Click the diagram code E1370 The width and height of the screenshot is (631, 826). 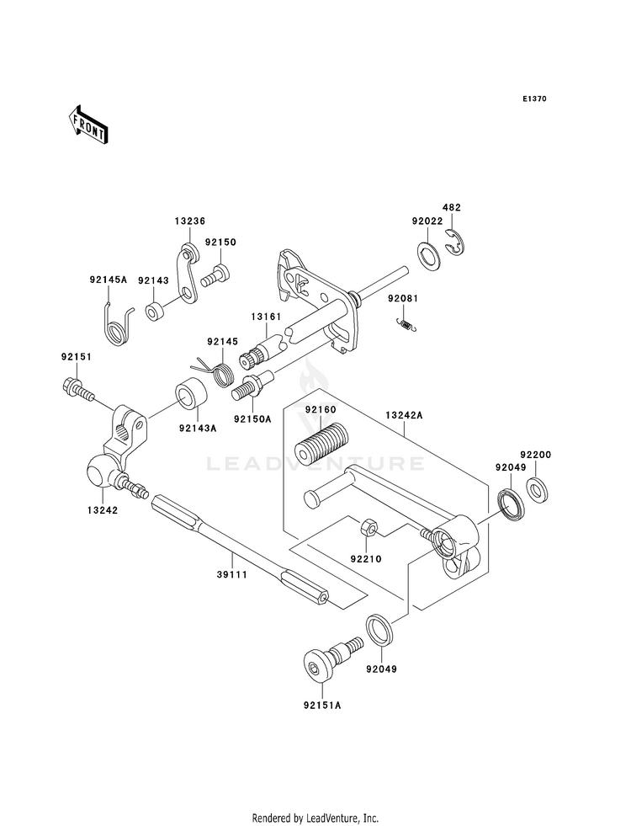pos(534,99)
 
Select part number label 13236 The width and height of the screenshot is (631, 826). pos(189,221)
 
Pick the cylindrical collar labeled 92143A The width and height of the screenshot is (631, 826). pos(190,395)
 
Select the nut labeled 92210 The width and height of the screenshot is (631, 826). pos(367,528)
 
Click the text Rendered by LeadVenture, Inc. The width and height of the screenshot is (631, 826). pos(315,818)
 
